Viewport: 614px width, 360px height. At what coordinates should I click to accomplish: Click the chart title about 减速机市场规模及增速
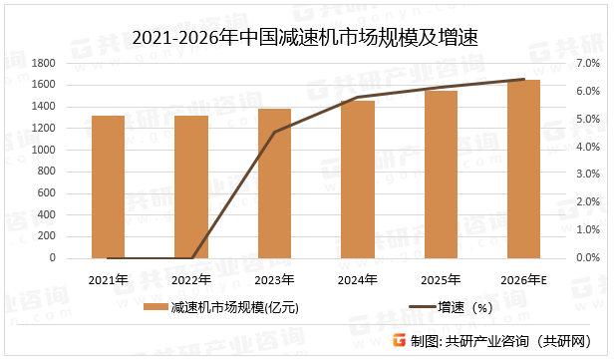[306, 38]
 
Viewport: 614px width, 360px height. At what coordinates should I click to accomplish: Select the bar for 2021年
[108, 187]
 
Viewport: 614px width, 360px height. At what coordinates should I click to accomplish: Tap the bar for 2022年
[191, 187]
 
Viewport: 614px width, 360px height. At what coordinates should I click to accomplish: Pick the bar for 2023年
[274, 183]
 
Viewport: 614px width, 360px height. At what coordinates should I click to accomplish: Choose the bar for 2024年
[358, 180]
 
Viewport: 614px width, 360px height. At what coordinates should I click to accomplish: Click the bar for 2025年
[441, 175]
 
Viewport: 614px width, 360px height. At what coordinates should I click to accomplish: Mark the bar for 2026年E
[524, 169]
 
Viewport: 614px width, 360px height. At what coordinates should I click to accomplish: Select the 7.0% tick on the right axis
[587, 63]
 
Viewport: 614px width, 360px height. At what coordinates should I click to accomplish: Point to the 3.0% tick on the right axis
[587, 175]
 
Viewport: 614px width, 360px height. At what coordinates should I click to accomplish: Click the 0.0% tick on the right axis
[587, 258]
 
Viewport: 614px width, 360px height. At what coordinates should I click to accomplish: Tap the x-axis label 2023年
[274, 278]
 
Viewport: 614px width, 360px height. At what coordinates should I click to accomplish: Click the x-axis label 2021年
[108, 278]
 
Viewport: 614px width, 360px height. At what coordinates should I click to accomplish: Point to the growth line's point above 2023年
[274, 132]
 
